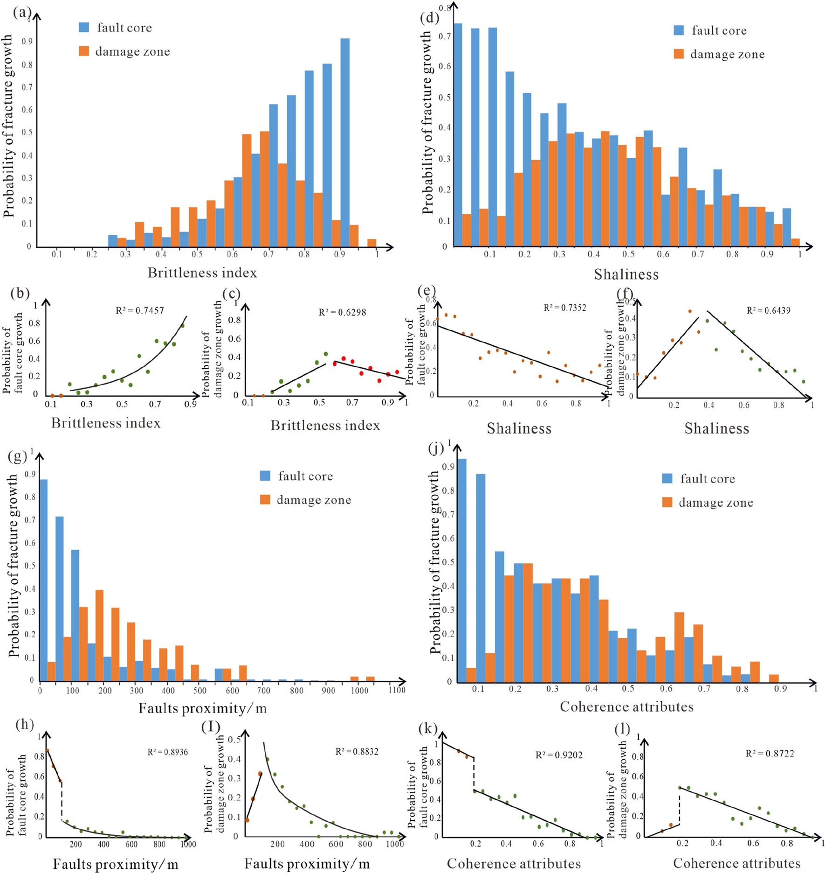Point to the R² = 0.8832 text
pyautogui.click(x=357, y=751)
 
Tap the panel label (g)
pyautogui.click(x=18, y=456)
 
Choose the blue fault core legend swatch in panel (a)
pyautogui.click(x=84, y=27)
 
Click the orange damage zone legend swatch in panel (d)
pyautogui.click(x=679, y=54)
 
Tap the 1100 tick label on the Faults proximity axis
pyautogui.click(x=397, y=690)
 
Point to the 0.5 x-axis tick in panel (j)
pyautogui.click(x=628, y=689)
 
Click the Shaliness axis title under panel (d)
pyautogui.click(x=626, y=274)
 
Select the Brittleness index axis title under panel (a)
pyautogui.click(x=202, y=273)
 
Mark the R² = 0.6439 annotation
pyautogui.click(x=768, y=310)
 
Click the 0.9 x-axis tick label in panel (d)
pyautogui.click(x=766, y=254)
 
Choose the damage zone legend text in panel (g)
pyautogui.click(x=314, y=500)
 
